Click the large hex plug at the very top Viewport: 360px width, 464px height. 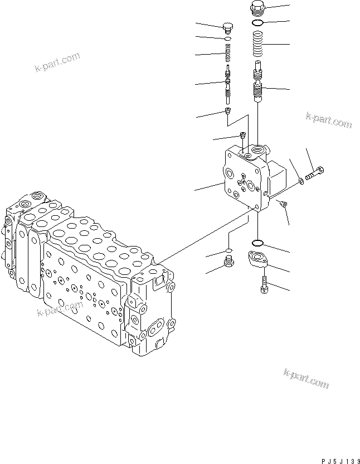click(258, 8)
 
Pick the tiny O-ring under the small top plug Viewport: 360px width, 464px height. click(227, 39)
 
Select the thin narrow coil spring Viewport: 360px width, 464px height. click(227, 55)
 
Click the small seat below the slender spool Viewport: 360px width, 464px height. click(228, 112)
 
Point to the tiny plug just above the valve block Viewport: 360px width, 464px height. click(242, 134)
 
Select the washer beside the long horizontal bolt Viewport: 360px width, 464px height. click(301, 180)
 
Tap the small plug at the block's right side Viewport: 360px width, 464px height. click(283, 205)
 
